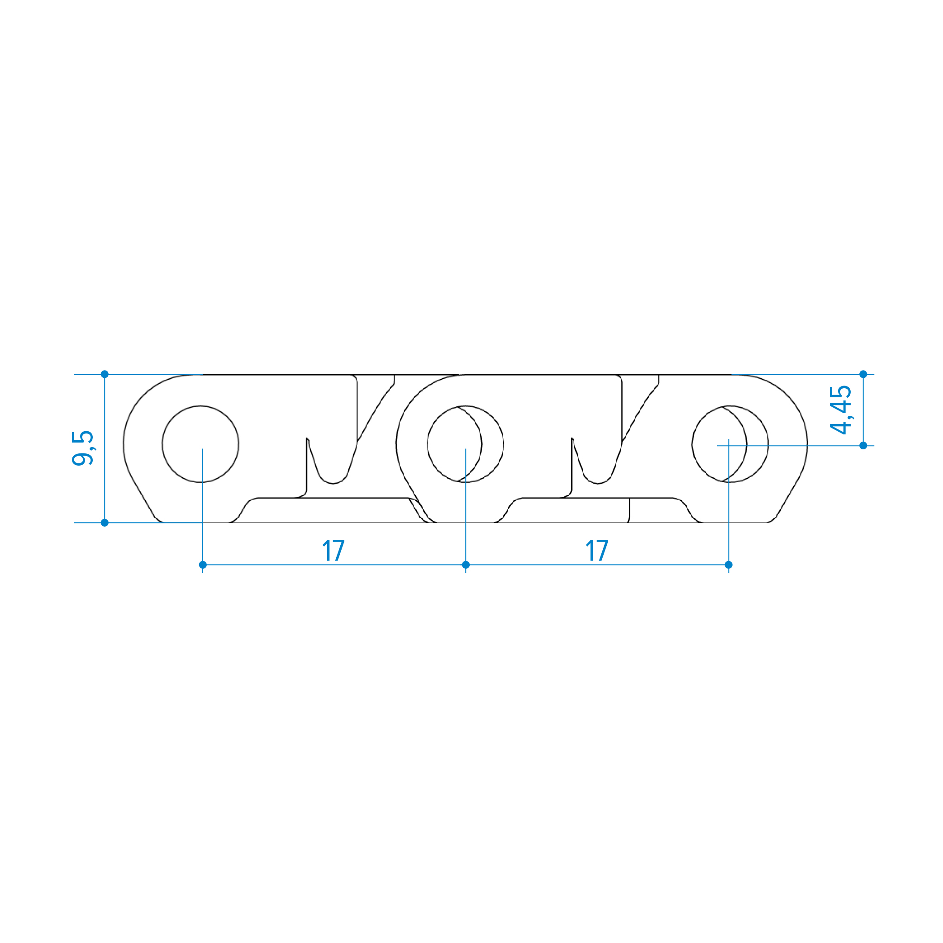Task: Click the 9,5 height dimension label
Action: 82,448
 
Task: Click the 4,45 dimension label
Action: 840,410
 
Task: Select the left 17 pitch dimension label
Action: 334,551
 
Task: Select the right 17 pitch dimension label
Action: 597,551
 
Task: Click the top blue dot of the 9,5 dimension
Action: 105,374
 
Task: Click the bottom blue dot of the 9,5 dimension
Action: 105,523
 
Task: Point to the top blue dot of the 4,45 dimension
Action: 863,374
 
